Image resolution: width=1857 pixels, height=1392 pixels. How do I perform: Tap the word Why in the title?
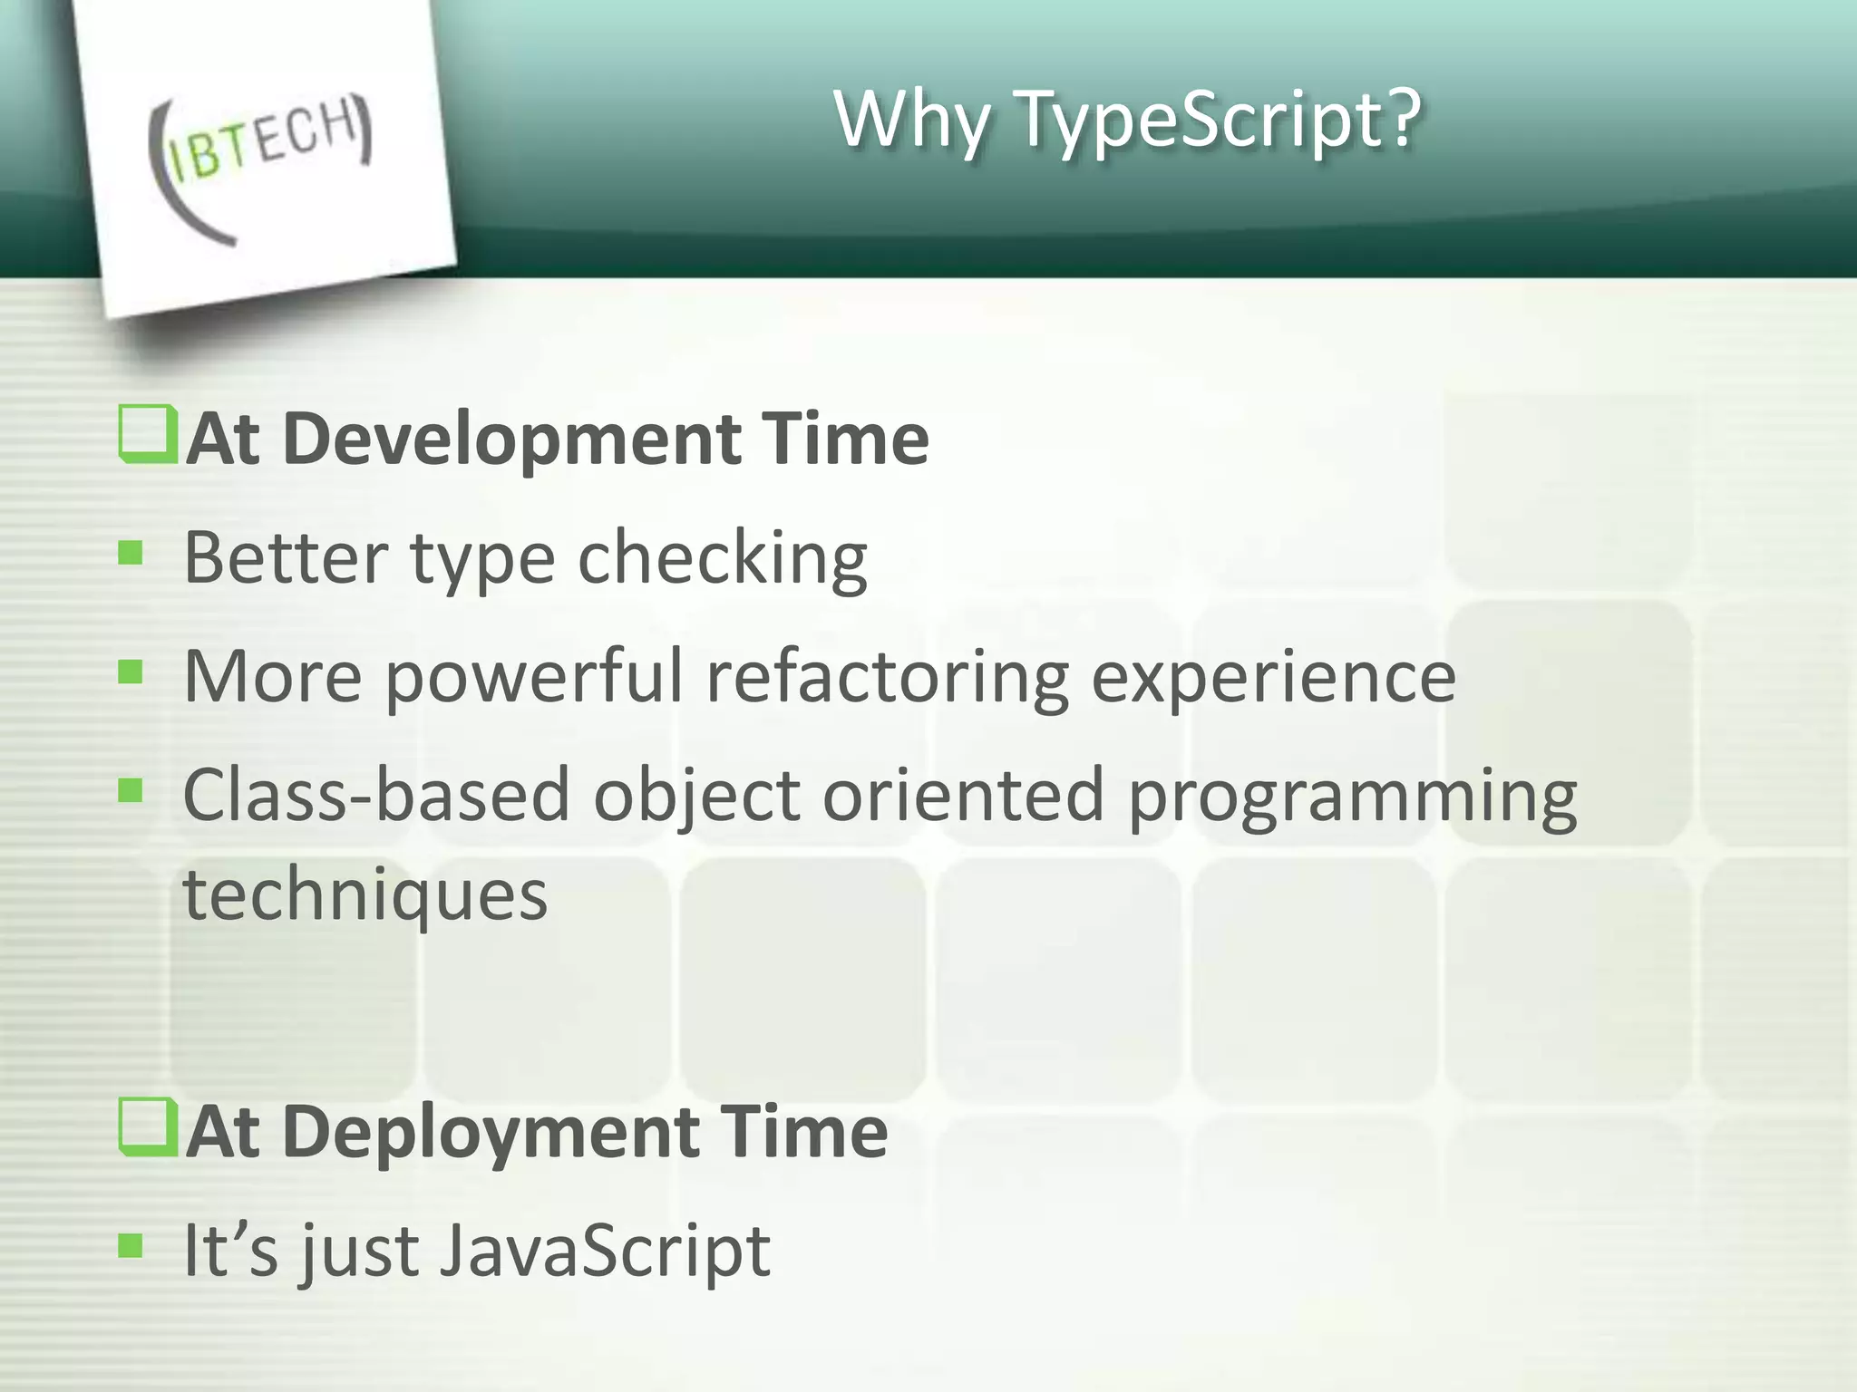click(912, 121)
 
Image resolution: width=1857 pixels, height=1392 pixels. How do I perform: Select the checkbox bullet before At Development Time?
click(146, 435)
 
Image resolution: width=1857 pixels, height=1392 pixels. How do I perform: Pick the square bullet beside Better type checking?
click(131, 552)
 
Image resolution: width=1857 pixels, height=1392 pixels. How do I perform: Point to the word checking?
click(723, 559)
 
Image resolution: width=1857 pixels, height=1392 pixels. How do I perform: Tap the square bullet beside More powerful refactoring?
click(131, 672)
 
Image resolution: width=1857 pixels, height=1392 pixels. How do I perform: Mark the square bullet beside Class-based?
click(131, 791)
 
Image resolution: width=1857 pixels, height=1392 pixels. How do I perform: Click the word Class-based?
click(376, 795)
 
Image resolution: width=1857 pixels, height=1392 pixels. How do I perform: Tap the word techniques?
click(365, 896)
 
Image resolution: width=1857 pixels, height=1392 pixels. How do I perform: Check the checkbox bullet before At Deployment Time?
click(146, 1127)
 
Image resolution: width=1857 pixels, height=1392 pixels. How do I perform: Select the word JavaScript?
click(605, 1251)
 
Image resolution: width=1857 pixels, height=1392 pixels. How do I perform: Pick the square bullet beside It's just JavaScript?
click(131, 1246)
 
